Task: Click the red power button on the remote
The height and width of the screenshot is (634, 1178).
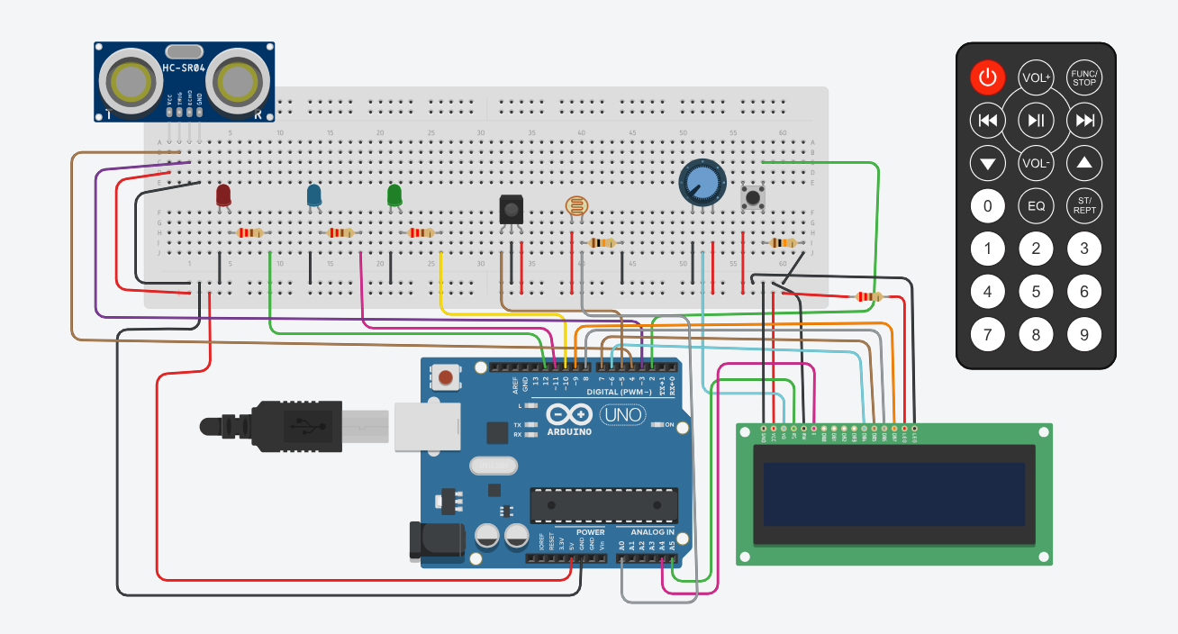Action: [x=988, y=77]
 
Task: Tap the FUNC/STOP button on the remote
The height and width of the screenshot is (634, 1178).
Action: [x=1084, y=77]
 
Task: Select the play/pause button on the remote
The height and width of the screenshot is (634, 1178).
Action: [x=1037, y=120]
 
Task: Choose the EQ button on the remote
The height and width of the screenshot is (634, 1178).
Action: [x=1037, y=206]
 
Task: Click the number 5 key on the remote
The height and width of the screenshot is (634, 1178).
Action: [x=1037, y=292]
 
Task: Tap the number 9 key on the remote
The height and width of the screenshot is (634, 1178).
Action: [x=1084, y=335]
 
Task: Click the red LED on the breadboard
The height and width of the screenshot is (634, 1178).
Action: [x=223, y=195]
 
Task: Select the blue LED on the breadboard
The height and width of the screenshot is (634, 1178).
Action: [x=314, y=195]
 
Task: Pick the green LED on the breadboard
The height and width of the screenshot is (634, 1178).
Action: [x=394, y=195]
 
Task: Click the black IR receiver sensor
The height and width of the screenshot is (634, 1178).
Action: [x=511, y=209]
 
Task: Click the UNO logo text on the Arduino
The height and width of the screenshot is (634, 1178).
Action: [x=622, y=415]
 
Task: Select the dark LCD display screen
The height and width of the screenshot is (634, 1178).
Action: [x=893, y=494]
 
